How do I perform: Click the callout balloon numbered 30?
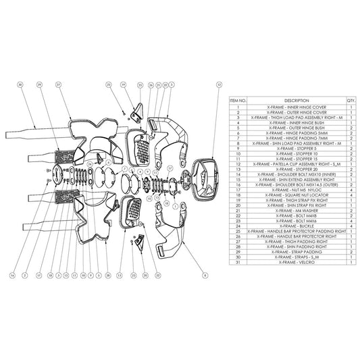(x=20, y=85)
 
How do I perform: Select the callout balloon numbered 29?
(x=40, y=85)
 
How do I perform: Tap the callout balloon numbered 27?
(x=59, y=85)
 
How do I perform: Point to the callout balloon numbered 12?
(x=219, y=85)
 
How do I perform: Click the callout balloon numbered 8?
(x=205, y=276)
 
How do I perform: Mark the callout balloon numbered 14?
(x=12, y=276)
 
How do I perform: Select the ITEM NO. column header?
(x=238, y=100)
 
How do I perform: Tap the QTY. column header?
(x=351, y=100)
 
